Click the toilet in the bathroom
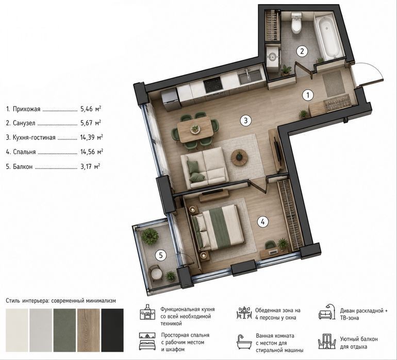coord(296,23)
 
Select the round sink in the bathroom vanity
coord(273,57)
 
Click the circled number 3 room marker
coord(245,121)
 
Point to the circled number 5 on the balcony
coord(161,255)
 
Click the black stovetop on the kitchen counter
coord(213,84)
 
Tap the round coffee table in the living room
coord(239,158)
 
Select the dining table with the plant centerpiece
coord(195,130)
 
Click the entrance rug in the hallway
coord(334,83)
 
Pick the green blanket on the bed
coord(219,227)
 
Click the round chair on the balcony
coord(155,273)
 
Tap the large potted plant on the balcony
coord(150,236)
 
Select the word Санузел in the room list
coord(24,123)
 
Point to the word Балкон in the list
coord(23,167)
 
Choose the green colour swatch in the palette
coord(64,330)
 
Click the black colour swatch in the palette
coord(112,330)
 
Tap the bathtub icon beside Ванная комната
coord(244,342)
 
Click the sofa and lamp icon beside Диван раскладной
coord(327,312)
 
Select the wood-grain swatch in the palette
coord(88,330)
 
